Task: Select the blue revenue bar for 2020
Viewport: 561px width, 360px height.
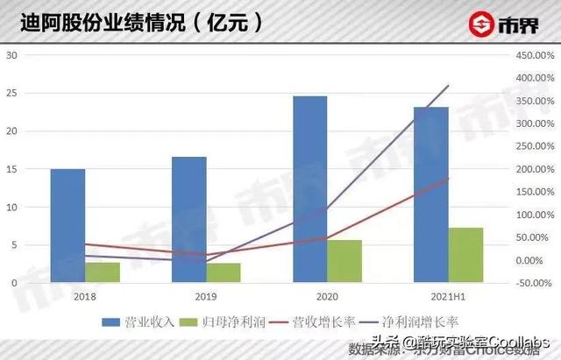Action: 310,189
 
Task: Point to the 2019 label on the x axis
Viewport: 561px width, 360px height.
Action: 206,298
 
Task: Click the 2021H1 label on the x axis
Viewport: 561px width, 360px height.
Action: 448,298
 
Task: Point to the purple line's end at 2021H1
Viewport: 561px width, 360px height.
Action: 449,85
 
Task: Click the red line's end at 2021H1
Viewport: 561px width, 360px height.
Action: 449,178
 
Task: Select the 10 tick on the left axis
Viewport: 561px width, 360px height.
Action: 11,208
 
